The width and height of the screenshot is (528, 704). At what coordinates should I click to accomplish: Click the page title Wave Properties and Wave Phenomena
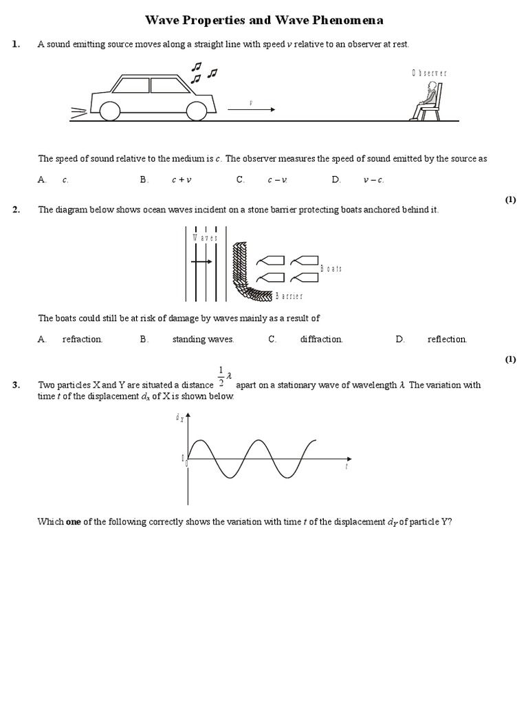pyautogui.click(x=264, y=21)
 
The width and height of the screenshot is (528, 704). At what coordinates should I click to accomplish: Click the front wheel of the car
pyautogui.click(x=197, y=110)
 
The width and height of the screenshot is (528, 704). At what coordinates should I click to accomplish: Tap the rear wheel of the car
pyautogui.click(x=110, y=110)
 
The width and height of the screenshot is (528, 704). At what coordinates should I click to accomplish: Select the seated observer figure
pyautogui.click(x=427, y=102)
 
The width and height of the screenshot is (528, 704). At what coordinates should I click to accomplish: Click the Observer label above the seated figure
pyautogui.click(x=430, y=73)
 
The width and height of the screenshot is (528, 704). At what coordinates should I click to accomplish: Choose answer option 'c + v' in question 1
pyautogui.click(x=181, y=180)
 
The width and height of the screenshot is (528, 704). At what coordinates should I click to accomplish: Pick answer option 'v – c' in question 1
pyautogui.click(x=373, y=180)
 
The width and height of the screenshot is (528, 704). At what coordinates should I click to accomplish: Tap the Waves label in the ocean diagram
pyautogui.click(x=205, y=238)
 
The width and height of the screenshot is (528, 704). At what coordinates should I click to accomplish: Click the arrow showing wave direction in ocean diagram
pyautogui.click(x=202, y=262)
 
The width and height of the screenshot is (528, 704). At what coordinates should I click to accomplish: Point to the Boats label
pyautogui.click(x=331, y=269)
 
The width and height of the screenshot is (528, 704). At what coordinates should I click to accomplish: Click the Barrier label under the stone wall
pyautogui.click(x=289, y=296)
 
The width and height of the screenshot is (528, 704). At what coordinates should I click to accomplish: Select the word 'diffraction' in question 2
pyautogui.click(x=321, y=339)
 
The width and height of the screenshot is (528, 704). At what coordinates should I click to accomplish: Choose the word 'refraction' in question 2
pyautogui.click(x=82, y=339)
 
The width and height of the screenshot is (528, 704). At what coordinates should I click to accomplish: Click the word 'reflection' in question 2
pyautogui.click(x=447, y=339)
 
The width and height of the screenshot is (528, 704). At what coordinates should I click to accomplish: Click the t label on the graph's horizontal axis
pyautogui.click(x=346, y=467)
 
